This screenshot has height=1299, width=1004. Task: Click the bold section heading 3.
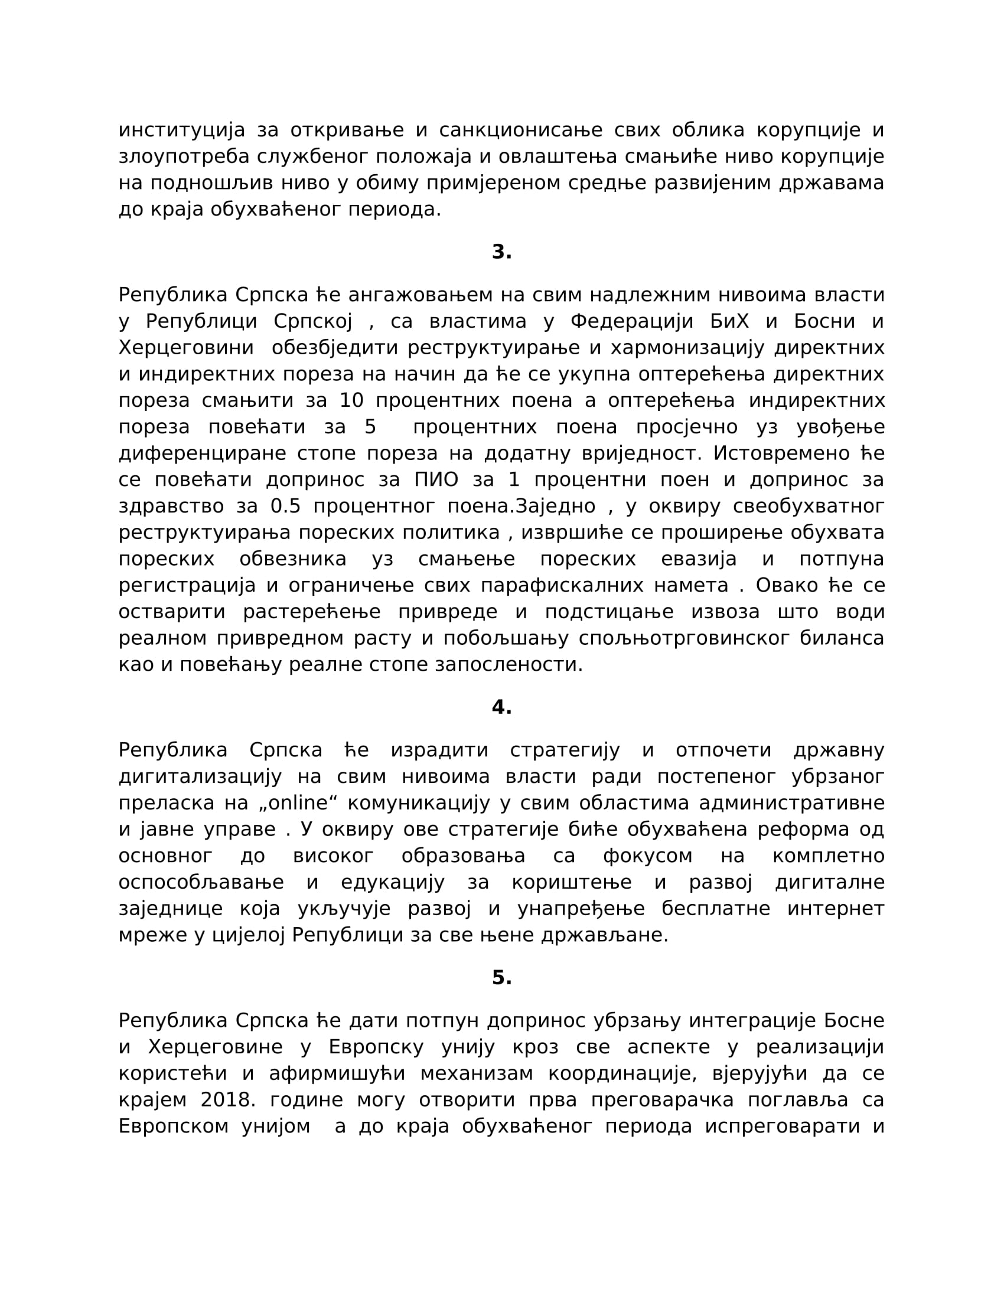(x=501, y=252)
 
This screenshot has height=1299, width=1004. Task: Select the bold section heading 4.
(x=501, y=707)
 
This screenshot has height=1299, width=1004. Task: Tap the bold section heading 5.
(x=501, y=978)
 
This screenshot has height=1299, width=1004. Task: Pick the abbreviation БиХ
(x=729, y=321)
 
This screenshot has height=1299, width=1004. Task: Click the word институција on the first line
(x=181, y=130)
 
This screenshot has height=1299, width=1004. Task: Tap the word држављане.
(x=604, y=935)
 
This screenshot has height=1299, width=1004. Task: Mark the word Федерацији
(x=632, y=321)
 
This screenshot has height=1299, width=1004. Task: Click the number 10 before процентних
(x=351, y=400)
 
